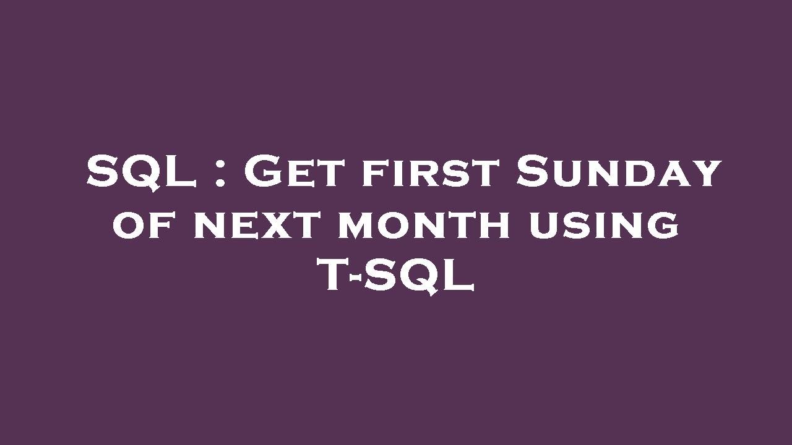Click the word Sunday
tap(619, 172)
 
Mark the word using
tap(604, 225)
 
